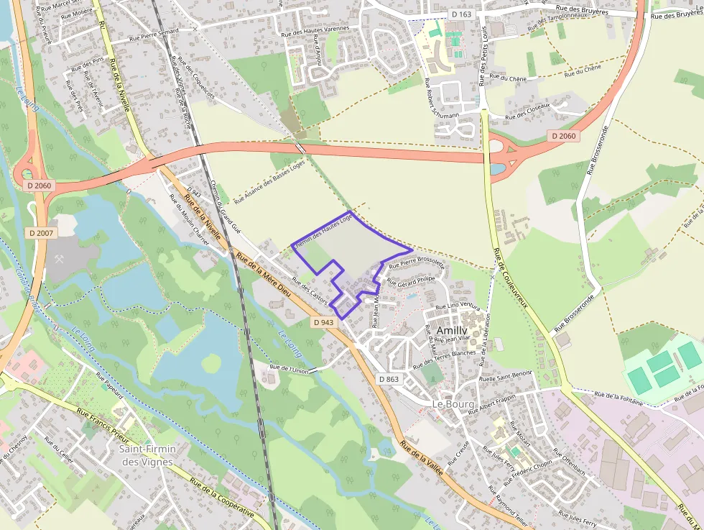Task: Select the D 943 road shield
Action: (324, 322)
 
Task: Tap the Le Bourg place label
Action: (453, 404)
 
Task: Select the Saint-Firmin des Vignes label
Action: (147, 455)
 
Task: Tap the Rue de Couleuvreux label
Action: (511, 278)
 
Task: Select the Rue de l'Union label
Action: (289, 370)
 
